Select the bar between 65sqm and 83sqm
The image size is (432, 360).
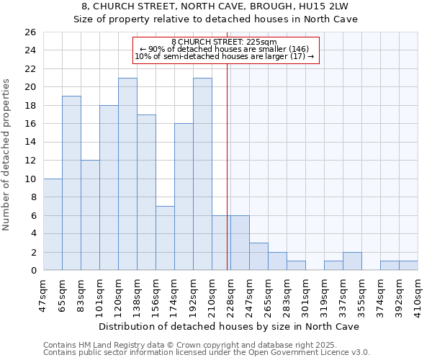[71, 183]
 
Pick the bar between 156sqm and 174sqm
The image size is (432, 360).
[165, 238]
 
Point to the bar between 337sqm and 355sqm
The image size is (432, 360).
[352, 261]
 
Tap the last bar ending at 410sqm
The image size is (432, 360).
[408, 266]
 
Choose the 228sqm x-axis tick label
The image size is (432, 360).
[231, 292]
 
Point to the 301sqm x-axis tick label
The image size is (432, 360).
[306, 292]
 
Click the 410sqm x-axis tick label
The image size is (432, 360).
[418, 292]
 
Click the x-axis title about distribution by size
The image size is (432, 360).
[230, 326]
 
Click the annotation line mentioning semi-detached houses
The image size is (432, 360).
[225, 56]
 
